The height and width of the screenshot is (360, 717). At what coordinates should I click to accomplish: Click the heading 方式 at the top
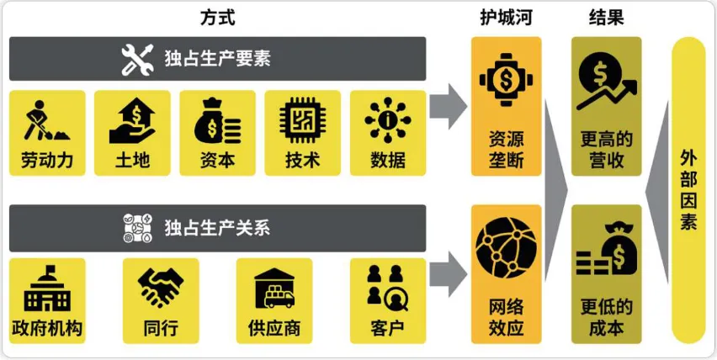point(217,16)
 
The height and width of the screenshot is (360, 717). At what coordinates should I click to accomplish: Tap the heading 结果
point(606,16)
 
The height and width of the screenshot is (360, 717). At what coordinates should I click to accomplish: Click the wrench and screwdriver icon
point(137,59)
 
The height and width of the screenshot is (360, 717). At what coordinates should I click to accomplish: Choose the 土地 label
point(132,160)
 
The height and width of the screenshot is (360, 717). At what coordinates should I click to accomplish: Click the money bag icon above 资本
point(217,121)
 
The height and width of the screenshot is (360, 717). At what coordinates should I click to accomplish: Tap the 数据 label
point(387,160)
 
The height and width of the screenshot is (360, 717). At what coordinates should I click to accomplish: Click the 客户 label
point(387,328)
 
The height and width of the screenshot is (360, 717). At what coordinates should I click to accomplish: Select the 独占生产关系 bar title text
point(217,227)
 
